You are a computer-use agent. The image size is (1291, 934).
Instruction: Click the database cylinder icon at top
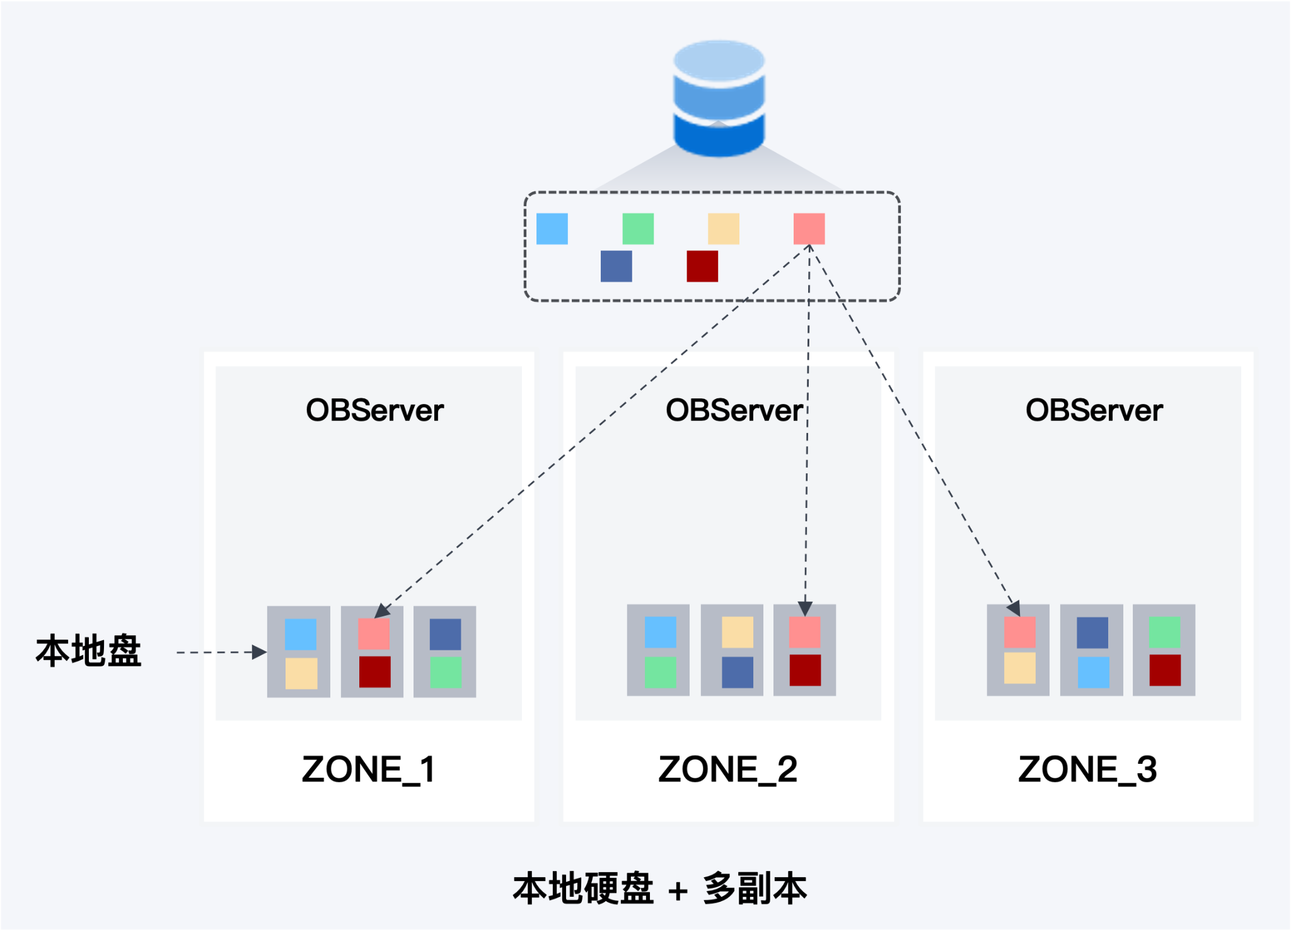pyautogui.click(x=719, y=98)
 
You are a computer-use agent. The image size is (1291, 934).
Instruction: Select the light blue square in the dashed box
pyautogui.click(x=552, y=229)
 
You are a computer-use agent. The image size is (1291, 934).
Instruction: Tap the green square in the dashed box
pyautogui.click(x=638, y=229)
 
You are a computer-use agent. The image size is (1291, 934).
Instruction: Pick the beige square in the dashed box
pyautogui.click(x=724, y=229)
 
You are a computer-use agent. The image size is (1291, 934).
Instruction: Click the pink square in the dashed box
pyautogui.click(x=809, y=229)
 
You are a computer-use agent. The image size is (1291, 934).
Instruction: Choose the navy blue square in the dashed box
pyautogui.click(x=617, y=266)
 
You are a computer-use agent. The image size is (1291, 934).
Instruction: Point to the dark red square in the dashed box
pyautogui.click(x=702, y=266)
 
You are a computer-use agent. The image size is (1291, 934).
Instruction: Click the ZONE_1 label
pyautogui.click(x=369, y=770)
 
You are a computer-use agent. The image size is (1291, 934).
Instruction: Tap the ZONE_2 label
pyautogui.click(x=728, y=770)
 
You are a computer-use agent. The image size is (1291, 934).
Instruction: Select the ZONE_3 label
pyautogui.click(x=1088, y=770)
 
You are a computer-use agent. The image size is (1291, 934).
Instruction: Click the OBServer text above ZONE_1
pyautogui.click(x=375, y=410)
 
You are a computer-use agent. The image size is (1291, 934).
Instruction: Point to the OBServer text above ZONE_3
pyautogui.click(x=1094, y=410)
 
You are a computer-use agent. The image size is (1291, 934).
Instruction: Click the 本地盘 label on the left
pyautogui.click(x=88, y=651)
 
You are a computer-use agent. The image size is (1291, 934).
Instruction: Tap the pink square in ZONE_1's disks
pyautogui.click(x=374, y=634)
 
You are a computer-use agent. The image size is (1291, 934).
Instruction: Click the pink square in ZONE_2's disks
pyautogui.click(x=805, y=632)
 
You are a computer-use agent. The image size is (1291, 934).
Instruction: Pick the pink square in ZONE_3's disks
pyautogui.click(x=1020, y=632)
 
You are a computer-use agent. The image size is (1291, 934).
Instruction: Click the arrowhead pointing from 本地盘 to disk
pyautogui.click(x=259, y=652)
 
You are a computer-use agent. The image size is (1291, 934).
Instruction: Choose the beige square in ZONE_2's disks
pyautogui.click(x=738, y=632)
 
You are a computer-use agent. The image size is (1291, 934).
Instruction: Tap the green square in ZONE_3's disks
pyautogui.click(x=1165, y=632)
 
